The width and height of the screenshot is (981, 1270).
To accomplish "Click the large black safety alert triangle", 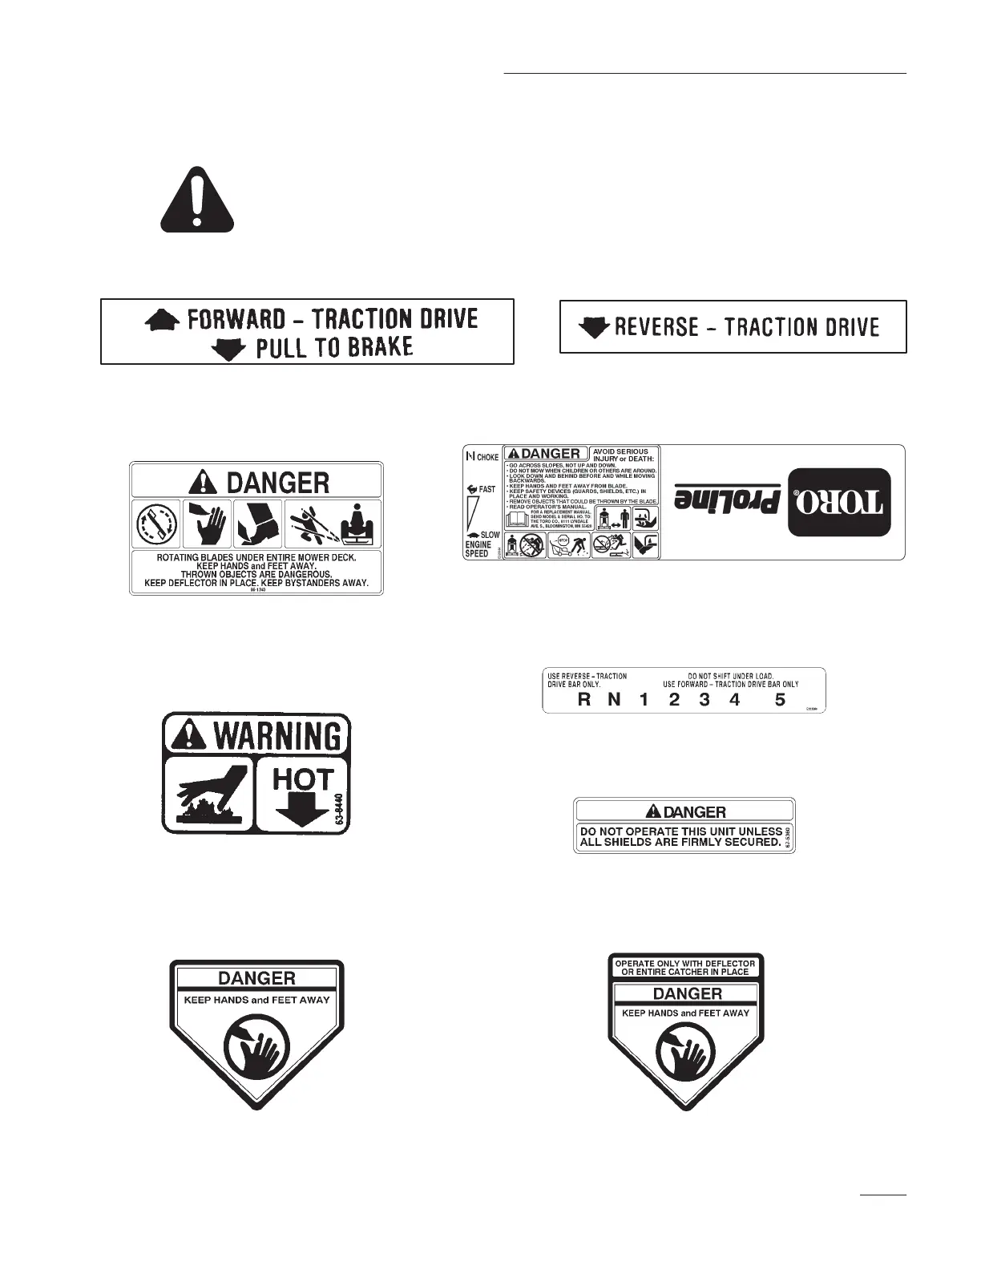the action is pyautogui.click(x=196, y=200).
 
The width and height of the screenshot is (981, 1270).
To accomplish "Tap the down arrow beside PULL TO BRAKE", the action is pyautogui.click(x=228, y=349).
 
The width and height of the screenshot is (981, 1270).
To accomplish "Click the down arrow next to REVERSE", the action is pyautogui.click(x=594, y=327).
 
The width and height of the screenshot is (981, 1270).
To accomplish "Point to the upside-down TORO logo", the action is pyautogui.click(x=838, y=500).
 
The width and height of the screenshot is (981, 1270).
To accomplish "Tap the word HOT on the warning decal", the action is pyautogui.click(x=302, y=779).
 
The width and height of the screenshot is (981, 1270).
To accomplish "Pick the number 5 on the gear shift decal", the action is pyautogui.click(x=780, y=699).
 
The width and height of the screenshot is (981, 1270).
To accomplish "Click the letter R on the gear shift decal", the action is pyautogui.click(x=584, y=699).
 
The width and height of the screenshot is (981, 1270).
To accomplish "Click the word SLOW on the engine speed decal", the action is pyautogui.click(x=489, y=535).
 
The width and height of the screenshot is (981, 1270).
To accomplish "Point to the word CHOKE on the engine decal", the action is pyautogui.click(x=487, y=457).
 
